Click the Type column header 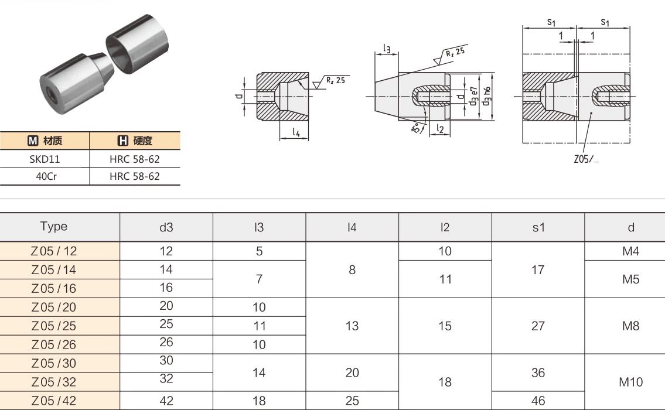click(53, 227)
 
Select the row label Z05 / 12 click(53, 251)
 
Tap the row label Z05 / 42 click(53, 401)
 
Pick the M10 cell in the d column click(630, 382)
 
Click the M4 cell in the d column click(630, 251)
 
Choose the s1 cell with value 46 click(538, 401)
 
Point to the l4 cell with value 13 click(352, 326)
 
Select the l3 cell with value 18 click(259, 401)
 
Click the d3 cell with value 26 click(166, 342)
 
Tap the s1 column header click(538, 228)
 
